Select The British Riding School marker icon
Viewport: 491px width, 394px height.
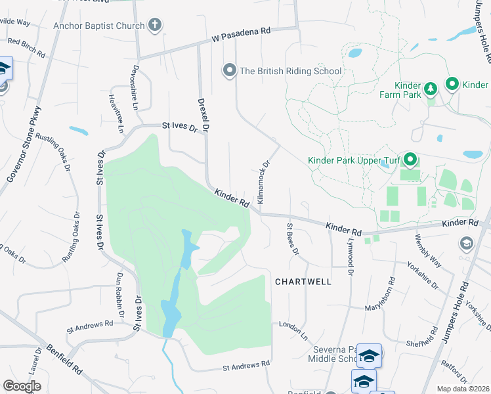(x=229, y=70)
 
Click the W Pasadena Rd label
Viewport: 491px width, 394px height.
(x=240, y=35)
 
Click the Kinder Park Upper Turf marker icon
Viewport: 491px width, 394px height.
(x=410, y=160)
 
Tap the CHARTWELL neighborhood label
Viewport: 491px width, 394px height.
(x=303, y=281)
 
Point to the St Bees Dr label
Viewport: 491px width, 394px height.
(x=291, y=239)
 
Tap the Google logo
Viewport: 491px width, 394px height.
(x=21, y=386)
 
